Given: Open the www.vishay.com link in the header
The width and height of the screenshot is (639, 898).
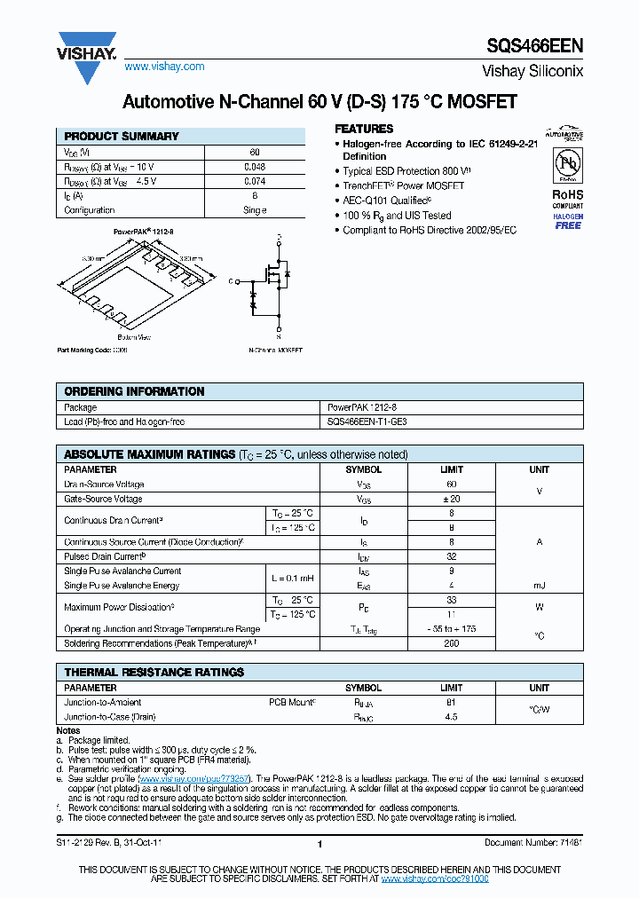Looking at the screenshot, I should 164,67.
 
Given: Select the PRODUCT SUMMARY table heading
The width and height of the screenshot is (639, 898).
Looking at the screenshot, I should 122,137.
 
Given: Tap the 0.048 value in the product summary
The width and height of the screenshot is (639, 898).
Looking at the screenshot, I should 255,167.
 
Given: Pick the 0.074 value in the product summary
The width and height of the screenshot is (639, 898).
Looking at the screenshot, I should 255,181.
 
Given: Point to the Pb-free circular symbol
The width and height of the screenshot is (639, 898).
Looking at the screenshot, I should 567,166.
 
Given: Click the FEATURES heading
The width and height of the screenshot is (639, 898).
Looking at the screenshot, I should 364,129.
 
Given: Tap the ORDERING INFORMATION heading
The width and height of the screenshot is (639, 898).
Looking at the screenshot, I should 134,391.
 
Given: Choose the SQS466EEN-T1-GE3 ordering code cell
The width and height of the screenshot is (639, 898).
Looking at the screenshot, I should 367,422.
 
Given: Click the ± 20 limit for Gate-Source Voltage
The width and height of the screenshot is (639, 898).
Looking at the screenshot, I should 451,499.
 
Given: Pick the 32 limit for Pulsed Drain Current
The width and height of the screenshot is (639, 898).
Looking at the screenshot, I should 451,556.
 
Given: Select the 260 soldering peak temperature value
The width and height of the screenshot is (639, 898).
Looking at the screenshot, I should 451,643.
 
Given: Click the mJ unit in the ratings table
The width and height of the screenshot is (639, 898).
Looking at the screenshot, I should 539,586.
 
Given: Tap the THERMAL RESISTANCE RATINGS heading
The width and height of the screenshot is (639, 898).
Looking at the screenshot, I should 154,673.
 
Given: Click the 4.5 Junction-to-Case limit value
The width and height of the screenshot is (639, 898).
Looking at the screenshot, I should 451,716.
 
